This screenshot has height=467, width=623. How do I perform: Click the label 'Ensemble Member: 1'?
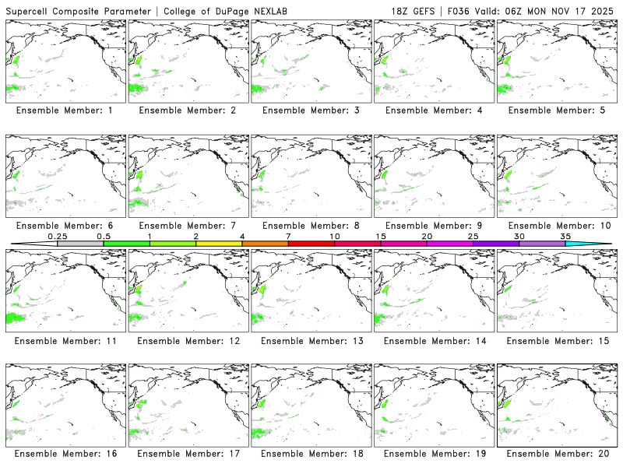[x=65, y=111]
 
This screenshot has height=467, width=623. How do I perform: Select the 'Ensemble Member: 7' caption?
[x=188, y=226]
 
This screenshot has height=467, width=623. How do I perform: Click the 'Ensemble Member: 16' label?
[x=65, y=453]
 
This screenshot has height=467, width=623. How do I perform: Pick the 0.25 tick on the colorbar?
[x=58, y=236]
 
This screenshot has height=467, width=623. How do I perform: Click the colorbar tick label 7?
[x=288, y=236]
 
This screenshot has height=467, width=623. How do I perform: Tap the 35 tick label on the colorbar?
[x=565, y=236]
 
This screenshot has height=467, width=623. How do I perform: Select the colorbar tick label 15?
[x=381, y=236]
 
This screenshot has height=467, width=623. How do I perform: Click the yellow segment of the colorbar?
[x=219, y=244]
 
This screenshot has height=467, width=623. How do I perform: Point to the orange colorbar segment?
[x=265, y=244]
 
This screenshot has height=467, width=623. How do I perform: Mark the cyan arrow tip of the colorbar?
[x=600, y=244]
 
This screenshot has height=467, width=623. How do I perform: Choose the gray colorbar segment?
[x=80, y=244]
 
